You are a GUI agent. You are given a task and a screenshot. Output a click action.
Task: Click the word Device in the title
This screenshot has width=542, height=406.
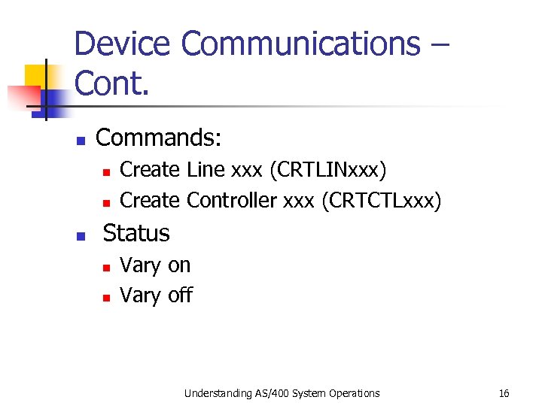[x=123, y=44]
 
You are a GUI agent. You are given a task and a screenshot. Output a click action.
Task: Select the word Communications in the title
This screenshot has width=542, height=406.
[x=300, y=44]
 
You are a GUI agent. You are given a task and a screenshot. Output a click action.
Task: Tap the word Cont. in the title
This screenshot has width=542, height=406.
[x=112, y=84]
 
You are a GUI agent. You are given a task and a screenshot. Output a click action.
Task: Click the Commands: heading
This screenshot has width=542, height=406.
[x=159, y=138]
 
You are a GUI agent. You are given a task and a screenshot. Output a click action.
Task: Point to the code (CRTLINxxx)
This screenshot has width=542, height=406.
[x=327, y=171]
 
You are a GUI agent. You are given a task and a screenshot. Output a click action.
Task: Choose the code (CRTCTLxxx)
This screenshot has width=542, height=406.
[x=381, y=201]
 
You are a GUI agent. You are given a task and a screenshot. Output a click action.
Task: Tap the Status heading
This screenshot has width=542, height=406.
[x=136, y=233]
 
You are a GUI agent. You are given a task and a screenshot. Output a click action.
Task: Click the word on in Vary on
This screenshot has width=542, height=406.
[x=179, y=265]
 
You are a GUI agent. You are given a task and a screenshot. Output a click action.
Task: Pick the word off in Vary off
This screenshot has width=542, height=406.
[x=180, y=295]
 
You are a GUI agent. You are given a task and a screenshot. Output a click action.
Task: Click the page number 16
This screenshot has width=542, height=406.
[x=504, y=392]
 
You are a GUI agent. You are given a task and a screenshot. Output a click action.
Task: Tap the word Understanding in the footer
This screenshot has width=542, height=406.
[x=214, y=392]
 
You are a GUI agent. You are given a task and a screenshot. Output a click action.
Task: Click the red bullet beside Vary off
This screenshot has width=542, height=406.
[x=107, y=298]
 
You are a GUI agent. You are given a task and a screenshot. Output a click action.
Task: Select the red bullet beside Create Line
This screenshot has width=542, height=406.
[x=107, y=172]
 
